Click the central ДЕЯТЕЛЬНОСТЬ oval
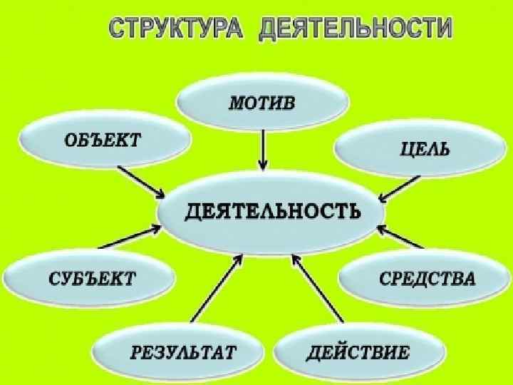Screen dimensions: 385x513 pyautogui.click(x=271, y=211)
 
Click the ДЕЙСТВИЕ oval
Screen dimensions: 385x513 pyautogui.click(x=359, y=351)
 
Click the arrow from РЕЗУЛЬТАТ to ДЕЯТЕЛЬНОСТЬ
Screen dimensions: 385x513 pyautogui.click(x=217, y=289)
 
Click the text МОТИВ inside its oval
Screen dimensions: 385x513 pyautogui.click(x=261, y=102)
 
